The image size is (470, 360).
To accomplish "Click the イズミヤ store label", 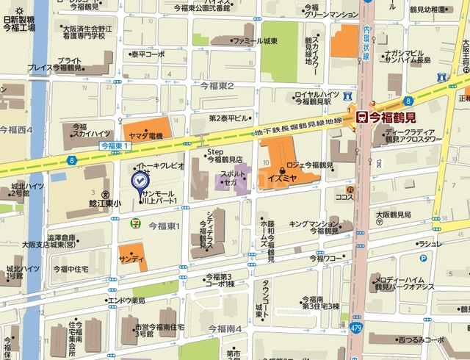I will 282,177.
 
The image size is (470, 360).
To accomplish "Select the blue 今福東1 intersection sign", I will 115,147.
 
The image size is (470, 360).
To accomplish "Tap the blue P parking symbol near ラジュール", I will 423,258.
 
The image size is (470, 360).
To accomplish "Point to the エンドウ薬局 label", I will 126,300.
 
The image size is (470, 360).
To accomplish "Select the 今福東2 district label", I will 216,86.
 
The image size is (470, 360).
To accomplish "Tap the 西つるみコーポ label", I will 419,339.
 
